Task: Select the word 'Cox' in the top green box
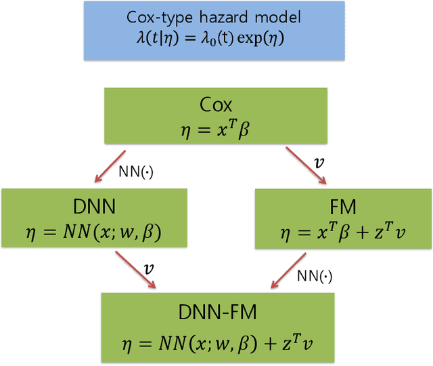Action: [216, 105]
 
